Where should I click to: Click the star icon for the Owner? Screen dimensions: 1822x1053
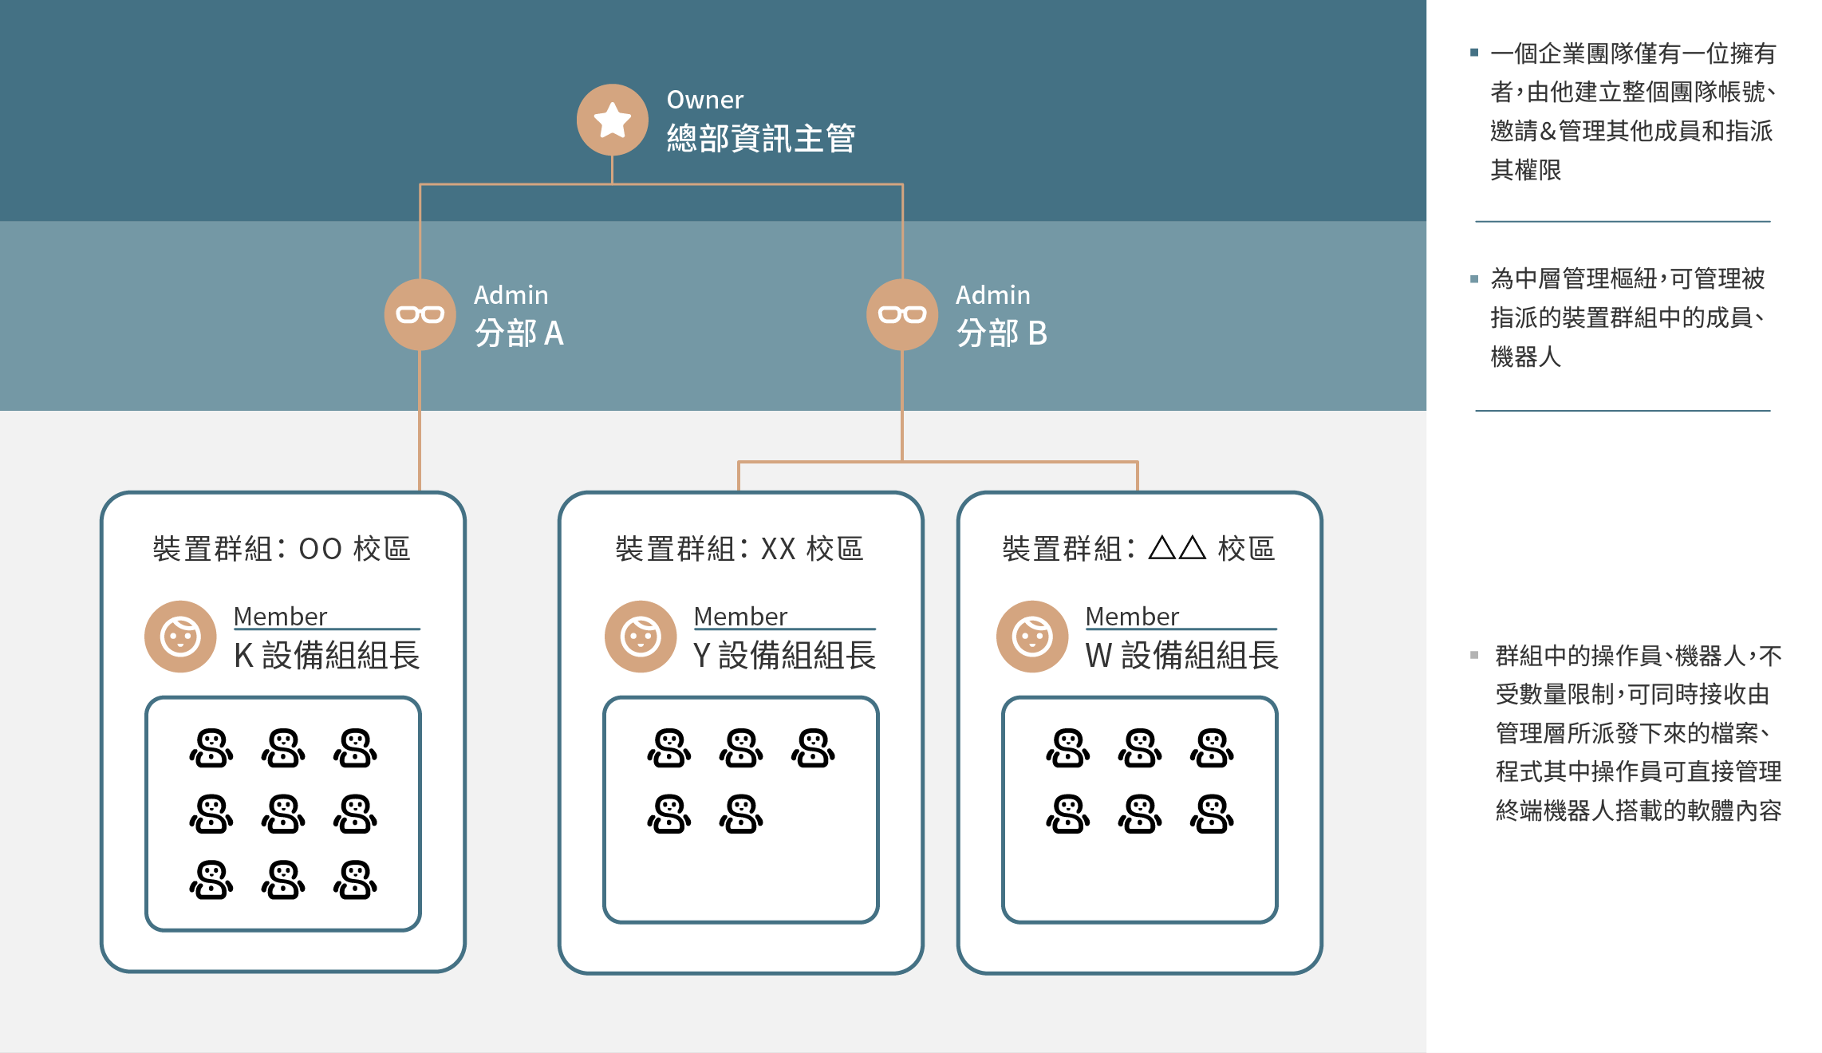612,120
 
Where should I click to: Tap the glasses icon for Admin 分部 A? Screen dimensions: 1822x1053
420,314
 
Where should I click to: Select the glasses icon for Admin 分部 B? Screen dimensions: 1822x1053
901,314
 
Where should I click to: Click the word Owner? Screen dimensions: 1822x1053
704,100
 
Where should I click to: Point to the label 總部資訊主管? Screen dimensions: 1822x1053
761,139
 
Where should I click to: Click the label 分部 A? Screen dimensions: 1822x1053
519,333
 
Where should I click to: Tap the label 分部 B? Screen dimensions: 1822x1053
1002,333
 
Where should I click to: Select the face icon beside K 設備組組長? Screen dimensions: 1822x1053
180,637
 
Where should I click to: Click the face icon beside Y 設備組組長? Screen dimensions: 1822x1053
641,637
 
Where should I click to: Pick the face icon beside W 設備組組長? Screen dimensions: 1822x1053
1032,637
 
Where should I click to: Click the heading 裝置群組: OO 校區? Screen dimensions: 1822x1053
282,549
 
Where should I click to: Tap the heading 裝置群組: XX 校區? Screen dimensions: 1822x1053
739,549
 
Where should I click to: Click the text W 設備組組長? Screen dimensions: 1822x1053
1182,656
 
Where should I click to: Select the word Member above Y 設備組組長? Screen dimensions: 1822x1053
740,617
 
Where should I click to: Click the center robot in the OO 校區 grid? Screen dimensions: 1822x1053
283,814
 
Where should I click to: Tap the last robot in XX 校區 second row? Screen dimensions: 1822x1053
741,814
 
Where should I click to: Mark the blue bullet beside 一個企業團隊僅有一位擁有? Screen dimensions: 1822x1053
1474,53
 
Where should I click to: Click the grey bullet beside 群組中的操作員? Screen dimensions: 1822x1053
1474,655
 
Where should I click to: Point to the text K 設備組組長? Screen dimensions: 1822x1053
327,656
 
